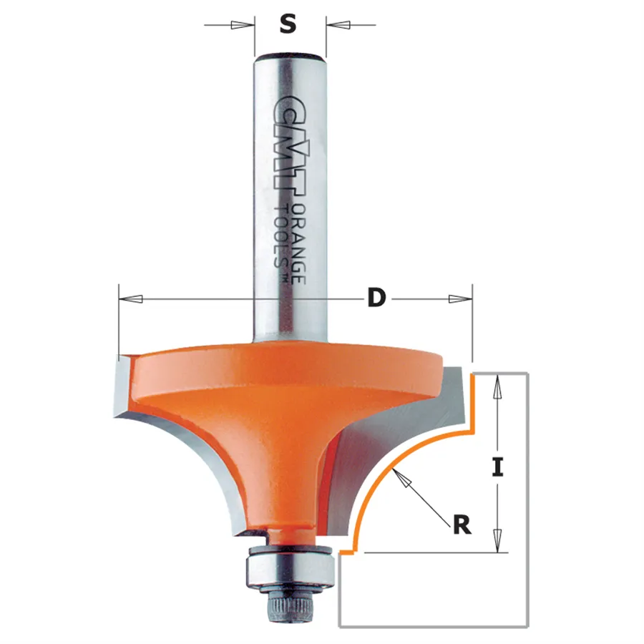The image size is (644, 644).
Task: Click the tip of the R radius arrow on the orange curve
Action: (x=393, y=469)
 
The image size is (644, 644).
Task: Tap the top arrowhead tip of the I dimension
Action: (x=497, y=376)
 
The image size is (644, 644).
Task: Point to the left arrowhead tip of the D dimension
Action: (x=119, y=298)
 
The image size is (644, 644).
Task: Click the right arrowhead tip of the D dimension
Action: (x=472, y=298)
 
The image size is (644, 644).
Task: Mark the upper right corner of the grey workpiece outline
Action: (x=527, y=374)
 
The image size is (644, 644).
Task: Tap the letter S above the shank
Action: (x=288, y=24)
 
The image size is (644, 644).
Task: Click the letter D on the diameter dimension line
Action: (x=376, y=298)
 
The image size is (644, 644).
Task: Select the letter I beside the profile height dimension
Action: (x=497, y=468)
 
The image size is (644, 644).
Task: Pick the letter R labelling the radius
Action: (x=462, y=525)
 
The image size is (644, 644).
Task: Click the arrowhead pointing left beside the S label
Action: (x=338, y=24)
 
